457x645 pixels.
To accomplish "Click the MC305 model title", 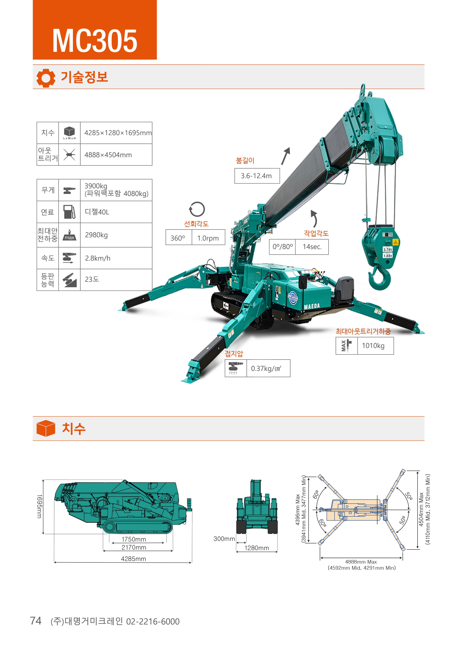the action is (95, 41).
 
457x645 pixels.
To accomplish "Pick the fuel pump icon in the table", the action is (69, 212).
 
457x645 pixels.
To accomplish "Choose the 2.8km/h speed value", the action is (98, 258).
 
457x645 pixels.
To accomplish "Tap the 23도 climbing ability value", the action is (92, 279).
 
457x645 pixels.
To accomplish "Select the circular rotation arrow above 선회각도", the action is (197, 209).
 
